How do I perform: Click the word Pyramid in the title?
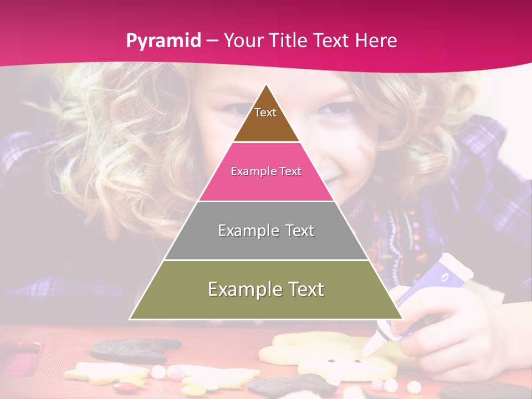pos(163,40)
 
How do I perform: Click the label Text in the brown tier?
pos(265,112)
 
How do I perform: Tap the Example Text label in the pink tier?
pos(266,171)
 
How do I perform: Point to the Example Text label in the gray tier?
pos(266,231)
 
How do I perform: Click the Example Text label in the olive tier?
pos(266,289)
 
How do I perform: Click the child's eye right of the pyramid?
pos(333,110)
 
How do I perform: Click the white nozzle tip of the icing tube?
pos(369,349)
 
